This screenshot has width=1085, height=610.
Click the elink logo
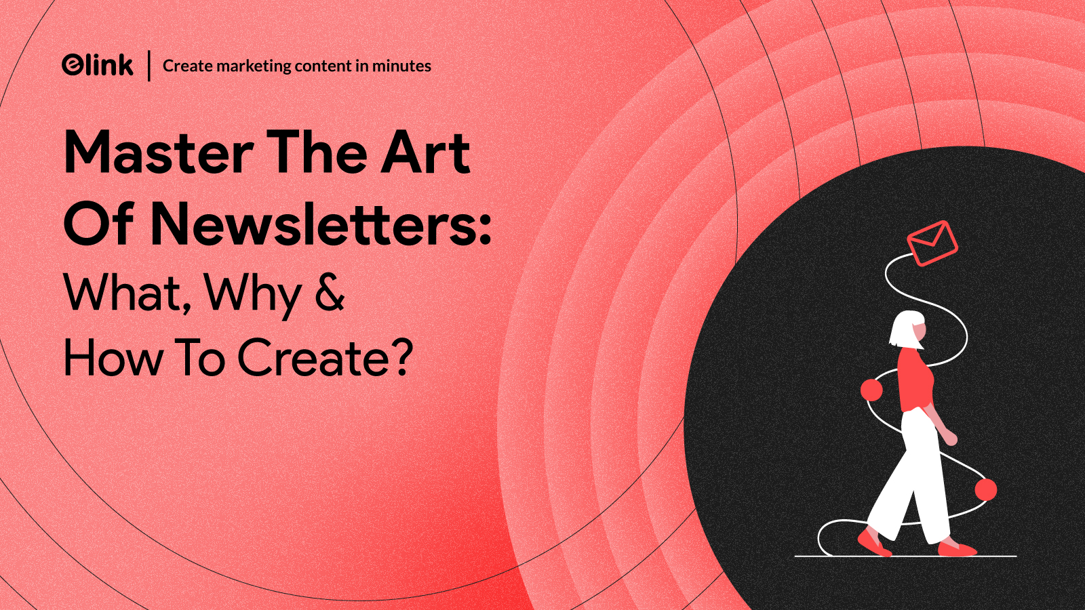pos(98,65)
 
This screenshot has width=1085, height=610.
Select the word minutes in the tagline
pos(401,66)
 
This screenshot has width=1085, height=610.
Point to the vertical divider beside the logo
pos(149,65)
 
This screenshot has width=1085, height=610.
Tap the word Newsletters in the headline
pos(313,224)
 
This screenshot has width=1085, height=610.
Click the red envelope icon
pos(932,243)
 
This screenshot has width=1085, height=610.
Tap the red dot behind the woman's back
pos(872,390)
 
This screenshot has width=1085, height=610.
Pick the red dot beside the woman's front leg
pos(986,489)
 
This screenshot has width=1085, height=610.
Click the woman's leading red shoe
pos(957,548)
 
